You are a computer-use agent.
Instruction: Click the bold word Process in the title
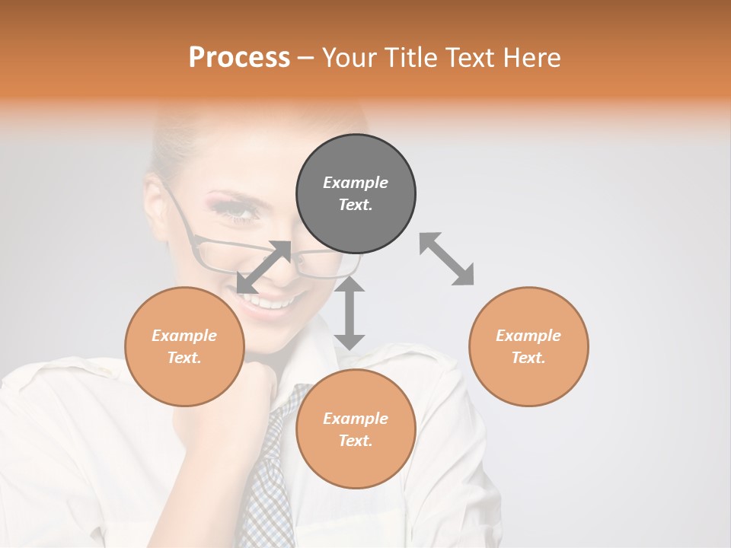[239, 58]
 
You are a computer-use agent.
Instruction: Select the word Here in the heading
[532, 58]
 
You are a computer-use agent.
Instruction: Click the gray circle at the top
[356, 193]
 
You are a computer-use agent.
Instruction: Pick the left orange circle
[184, 346]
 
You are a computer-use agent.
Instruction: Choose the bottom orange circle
[356, 429]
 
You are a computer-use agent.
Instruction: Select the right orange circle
[528, 346]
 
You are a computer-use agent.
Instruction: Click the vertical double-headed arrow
[350, 313]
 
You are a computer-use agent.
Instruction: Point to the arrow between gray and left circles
[263, 267]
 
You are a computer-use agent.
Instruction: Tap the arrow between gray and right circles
[446, 259]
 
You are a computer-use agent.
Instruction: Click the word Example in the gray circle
[356, 183]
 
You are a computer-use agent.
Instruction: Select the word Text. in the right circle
[528, 358]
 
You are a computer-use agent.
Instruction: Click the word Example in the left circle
[184, 336]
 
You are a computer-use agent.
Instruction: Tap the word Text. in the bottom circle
[356, 441]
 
